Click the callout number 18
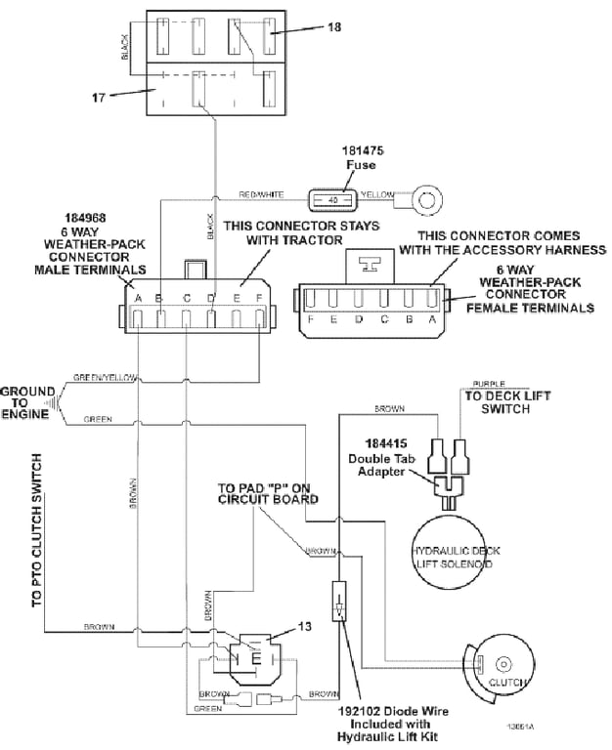point(334,27)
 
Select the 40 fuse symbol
point(332,199)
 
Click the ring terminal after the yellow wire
point(425,201)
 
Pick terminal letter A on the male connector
point(139,298)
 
